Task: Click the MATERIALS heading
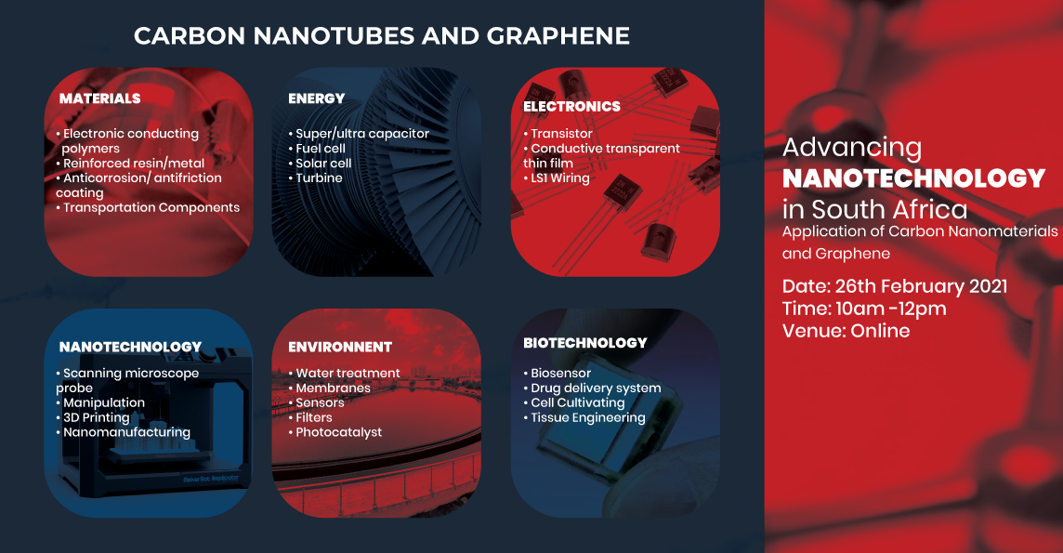(99, 99)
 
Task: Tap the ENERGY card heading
(317, 99)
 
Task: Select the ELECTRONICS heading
(571, 106)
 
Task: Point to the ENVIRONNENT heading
(340, 347)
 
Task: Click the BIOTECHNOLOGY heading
(585, 343)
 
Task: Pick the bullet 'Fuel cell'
(317, 149)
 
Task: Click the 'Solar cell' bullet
(320, 164)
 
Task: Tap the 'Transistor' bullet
(558, 134)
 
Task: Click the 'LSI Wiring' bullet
(557, 178)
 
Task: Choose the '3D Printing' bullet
(93, 417)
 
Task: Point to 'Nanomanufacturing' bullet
(124, 432)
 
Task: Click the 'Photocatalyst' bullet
(335, 432)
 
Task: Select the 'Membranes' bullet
(330, 388)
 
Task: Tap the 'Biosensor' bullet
(558, 374)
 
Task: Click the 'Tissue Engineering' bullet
(584, 418)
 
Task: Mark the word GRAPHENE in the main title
(558, 36)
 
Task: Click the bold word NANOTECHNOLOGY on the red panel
(913, 178)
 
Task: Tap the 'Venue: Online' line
(846, 331)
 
